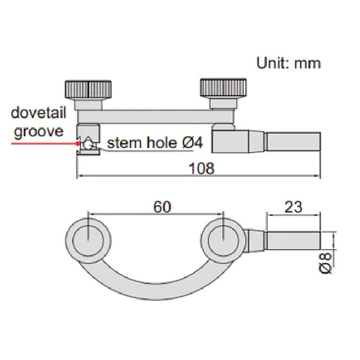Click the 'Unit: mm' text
click(x=288, y=63)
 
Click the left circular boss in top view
click(x=88, y=238)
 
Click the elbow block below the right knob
click(x=230, y=139)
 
